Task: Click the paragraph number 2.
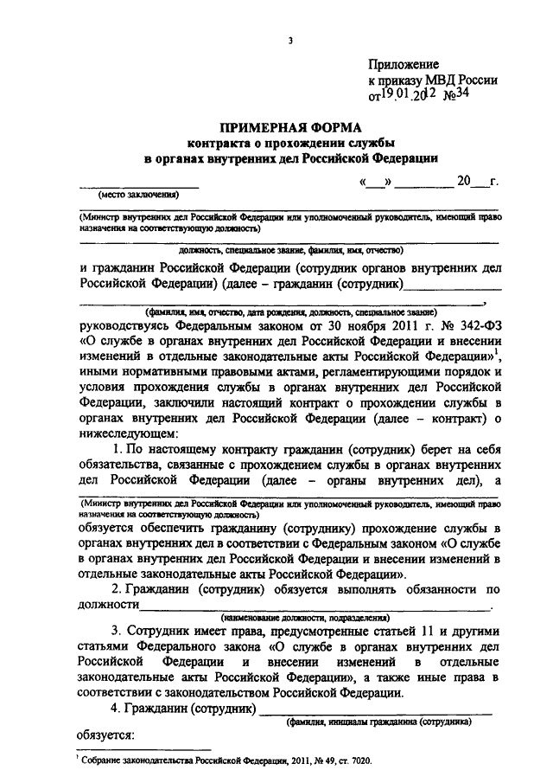(x=118, y=588)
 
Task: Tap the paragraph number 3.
(x=118, y=636)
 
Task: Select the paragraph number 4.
(x=118, y=710)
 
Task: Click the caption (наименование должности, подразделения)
(x=304, y=618)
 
